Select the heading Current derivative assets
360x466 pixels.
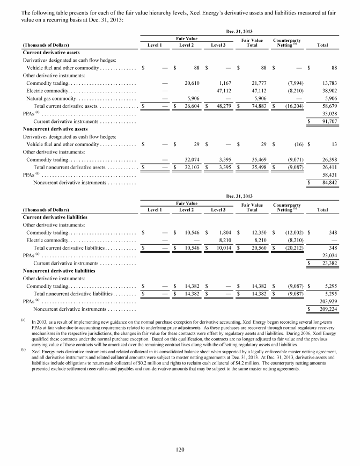[x=49, y=53]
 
